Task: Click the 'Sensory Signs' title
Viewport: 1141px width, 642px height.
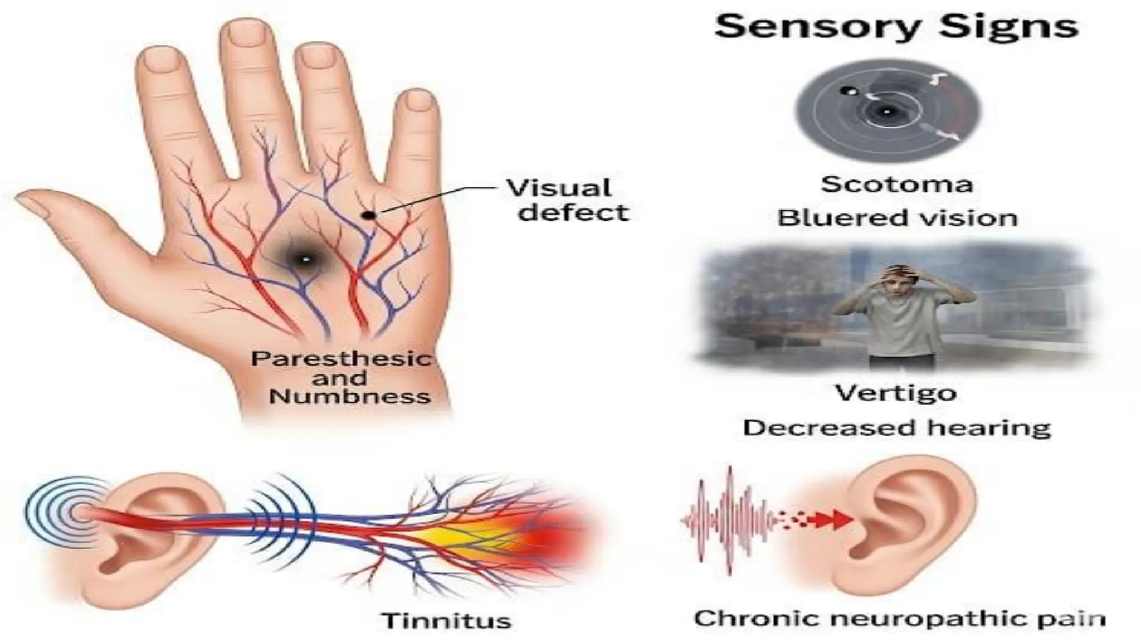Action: point(896,27)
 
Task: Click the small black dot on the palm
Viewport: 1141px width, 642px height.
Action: point(368,215)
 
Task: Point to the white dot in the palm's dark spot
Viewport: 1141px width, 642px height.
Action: point(305,259)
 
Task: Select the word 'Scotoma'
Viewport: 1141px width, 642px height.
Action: point(896,184)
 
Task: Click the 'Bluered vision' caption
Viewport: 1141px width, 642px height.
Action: point(897,218)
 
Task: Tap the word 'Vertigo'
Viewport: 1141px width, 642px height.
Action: point(895,393)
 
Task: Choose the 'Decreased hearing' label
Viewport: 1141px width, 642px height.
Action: point(896,428)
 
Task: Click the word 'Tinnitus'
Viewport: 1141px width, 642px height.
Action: point(446,620)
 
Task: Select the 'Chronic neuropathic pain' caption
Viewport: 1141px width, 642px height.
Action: point(899,618)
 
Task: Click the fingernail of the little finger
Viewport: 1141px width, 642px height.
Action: point(420,101)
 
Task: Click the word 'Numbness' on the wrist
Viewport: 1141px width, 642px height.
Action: point(349,397)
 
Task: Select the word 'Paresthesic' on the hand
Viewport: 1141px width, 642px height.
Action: point(341,358)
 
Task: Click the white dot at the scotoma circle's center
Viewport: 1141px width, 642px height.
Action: point(886,111)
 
